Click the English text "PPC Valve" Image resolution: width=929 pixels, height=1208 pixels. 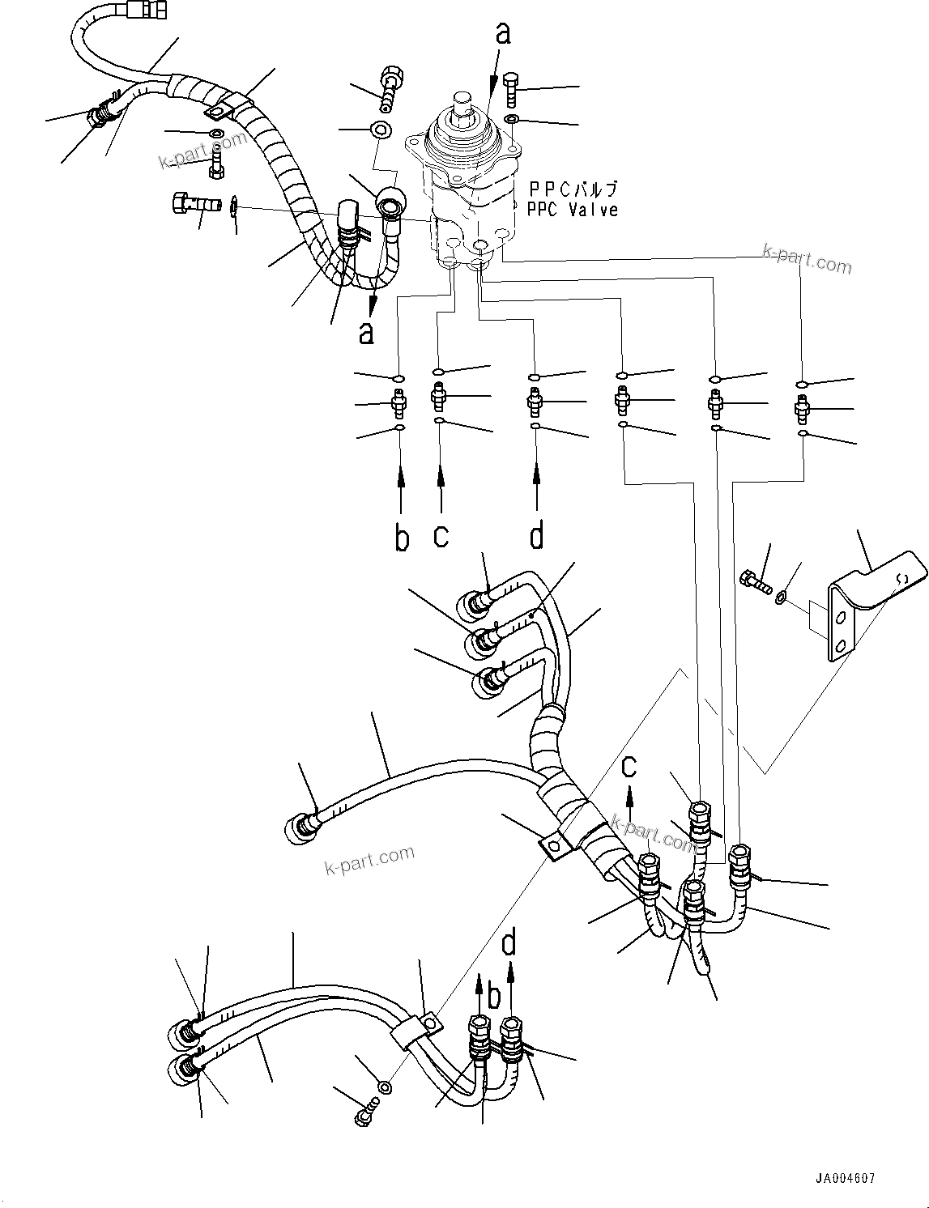(x=572, y=210)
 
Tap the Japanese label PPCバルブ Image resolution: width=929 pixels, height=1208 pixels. (x=573, y=189)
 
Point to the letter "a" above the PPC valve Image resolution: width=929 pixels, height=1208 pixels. (x=504, y=33)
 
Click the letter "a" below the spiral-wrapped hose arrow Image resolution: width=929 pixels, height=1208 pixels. (x=367, y=332)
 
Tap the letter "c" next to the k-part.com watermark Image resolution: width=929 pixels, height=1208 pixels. (x=629, y=766)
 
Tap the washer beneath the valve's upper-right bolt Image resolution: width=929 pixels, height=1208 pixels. (x=512, y=121)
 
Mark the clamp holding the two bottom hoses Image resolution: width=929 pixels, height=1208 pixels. (x=419, y=1031)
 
